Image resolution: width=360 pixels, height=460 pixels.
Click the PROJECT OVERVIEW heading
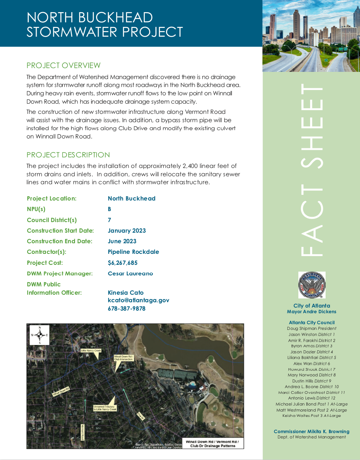coord(64,65)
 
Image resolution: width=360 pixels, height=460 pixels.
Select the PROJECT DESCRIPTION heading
coord(68,155)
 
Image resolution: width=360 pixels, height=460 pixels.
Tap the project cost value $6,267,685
coord(123,263)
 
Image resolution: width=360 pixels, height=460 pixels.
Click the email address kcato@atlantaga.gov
coord(138,300)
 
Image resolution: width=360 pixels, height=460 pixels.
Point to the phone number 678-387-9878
coord(126,308)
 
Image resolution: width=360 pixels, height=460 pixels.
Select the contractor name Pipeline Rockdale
coord(133,252)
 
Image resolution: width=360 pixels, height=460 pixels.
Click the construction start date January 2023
coord(127,230)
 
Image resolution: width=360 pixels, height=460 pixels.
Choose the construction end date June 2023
coord(122,241)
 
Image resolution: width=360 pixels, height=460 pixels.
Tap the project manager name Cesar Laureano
coord(130,273)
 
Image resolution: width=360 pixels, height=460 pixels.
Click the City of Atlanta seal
coord(312,285)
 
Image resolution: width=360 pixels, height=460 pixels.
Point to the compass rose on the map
coord(39,335)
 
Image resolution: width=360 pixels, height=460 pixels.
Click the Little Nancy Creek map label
coord(91,351)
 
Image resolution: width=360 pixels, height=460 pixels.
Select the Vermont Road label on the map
coord(83,432)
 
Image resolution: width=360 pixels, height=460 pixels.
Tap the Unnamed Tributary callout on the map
coord(105,408)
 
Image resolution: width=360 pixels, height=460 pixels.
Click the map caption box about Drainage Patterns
coord(212,443)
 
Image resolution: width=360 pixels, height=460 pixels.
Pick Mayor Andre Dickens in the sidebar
coord(311,312)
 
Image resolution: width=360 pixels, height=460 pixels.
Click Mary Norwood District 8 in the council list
coord(311,375)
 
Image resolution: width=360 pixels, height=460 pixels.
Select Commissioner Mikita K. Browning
coord(311,432)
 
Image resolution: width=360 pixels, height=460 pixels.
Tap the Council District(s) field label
coord(52,220)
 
